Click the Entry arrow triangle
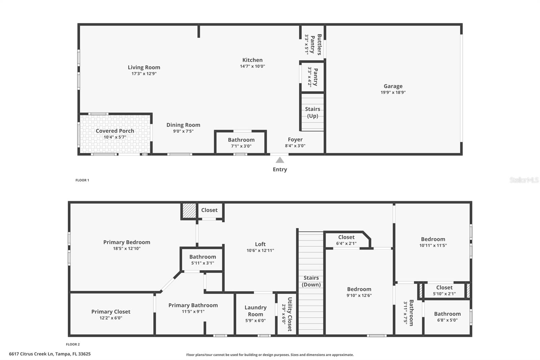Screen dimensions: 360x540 pyautogui.click(x=280, y=160)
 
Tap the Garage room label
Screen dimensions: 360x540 pyautogui.click(x=393, y=86)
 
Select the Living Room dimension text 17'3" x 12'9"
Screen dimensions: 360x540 pyautogui.click(x=144, y=74)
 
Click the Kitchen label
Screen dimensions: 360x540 pyautogui.click(x=252, y=60)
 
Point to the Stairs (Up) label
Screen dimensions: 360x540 pyautogui.click(x=313, y=112)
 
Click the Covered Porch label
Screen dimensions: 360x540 pyautogui.click(x=115, y=131)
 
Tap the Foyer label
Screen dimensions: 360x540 pyautogui.click(x=295, y=139)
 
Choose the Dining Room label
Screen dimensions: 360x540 pyautogui.click(x=183, y=125)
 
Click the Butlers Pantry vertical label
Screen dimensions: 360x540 pyautogui.click(x=316, y=44)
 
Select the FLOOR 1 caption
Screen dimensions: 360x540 pyautogui.click(x=82, y=180)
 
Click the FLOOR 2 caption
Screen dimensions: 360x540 pyautogui.click(x=73, y=344)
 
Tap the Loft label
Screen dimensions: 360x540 pyautogui.click(x=260, y=244)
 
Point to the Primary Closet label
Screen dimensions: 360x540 pyautogui.click(x=111, y=312)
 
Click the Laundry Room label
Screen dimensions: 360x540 pyautogui.click(x=255, y=311)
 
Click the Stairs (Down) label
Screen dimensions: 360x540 pyautogui.click(x=311, y=281)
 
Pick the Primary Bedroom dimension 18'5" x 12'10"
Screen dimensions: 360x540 pyautogui.click(x=127, y=249)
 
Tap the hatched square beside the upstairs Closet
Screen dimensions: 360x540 pyautogui.click(x=189, y=211)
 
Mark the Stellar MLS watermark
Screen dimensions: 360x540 pyautogui.click(x=524, y=180)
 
